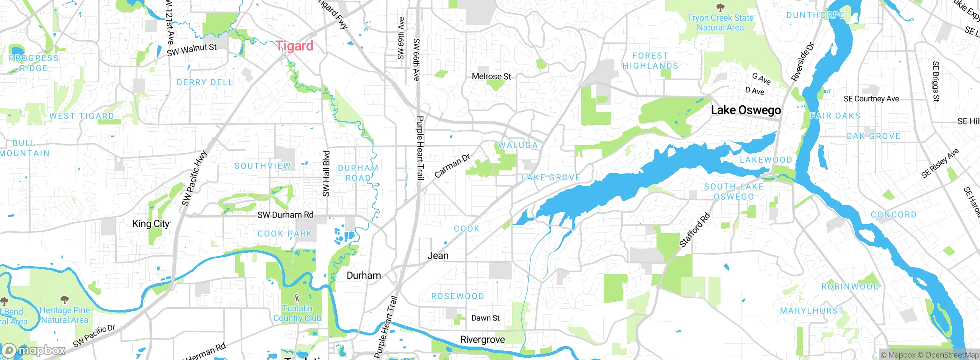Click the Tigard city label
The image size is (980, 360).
294,46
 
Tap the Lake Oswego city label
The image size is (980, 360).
746,110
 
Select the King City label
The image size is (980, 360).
150,224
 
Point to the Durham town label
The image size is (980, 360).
363,275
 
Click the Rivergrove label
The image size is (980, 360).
482,340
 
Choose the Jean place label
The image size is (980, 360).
438,255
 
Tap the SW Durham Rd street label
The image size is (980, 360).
285,215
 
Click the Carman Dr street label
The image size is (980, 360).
452,166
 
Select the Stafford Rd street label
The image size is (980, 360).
694,230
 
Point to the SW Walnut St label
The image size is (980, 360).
191,50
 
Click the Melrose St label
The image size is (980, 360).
491,77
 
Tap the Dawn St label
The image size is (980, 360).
485,318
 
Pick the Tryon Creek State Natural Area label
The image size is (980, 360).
720,23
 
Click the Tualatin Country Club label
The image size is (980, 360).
297,313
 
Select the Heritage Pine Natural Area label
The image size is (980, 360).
65,315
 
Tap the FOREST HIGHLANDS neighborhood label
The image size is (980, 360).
650,61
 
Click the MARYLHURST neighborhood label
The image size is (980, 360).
812,311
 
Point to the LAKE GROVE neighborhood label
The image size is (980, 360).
551,177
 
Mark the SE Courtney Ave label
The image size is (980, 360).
871,99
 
